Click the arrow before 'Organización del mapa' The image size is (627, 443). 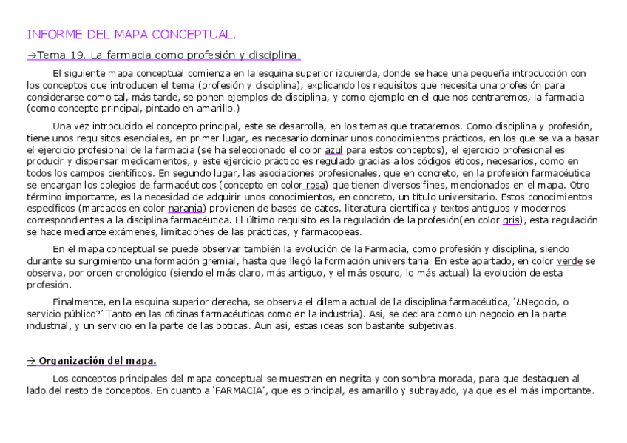tap(31, 361)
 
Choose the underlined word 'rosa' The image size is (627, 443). tap(316, 185)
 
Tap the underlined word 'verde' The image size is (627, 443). tap(569, 262)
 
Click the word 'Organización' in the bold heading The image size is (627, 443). tap(69, 361)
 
